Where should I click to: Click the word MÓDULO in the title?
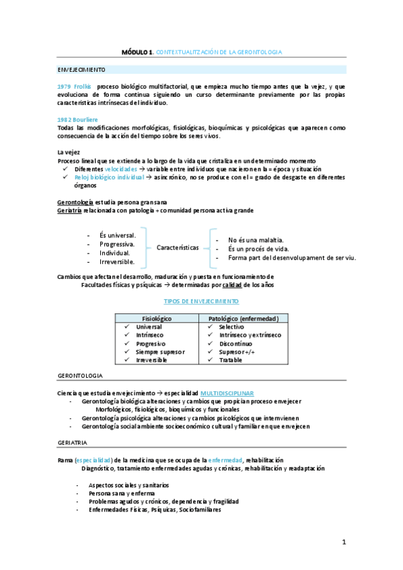135,52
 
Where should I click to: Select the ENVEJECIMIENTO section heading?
81,70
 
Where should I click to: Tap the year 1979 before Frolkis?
65,87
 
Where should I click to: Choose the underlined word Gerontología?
76,202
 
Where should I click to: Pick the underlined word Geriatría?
70,210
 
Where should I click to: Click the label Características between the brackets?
178,247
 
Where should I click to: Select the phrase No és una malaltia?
256,240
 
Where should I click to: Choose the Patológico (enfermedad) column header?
248,317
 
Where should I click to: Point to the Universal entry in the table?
149,326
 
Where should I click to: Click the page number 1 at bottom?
343,542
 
